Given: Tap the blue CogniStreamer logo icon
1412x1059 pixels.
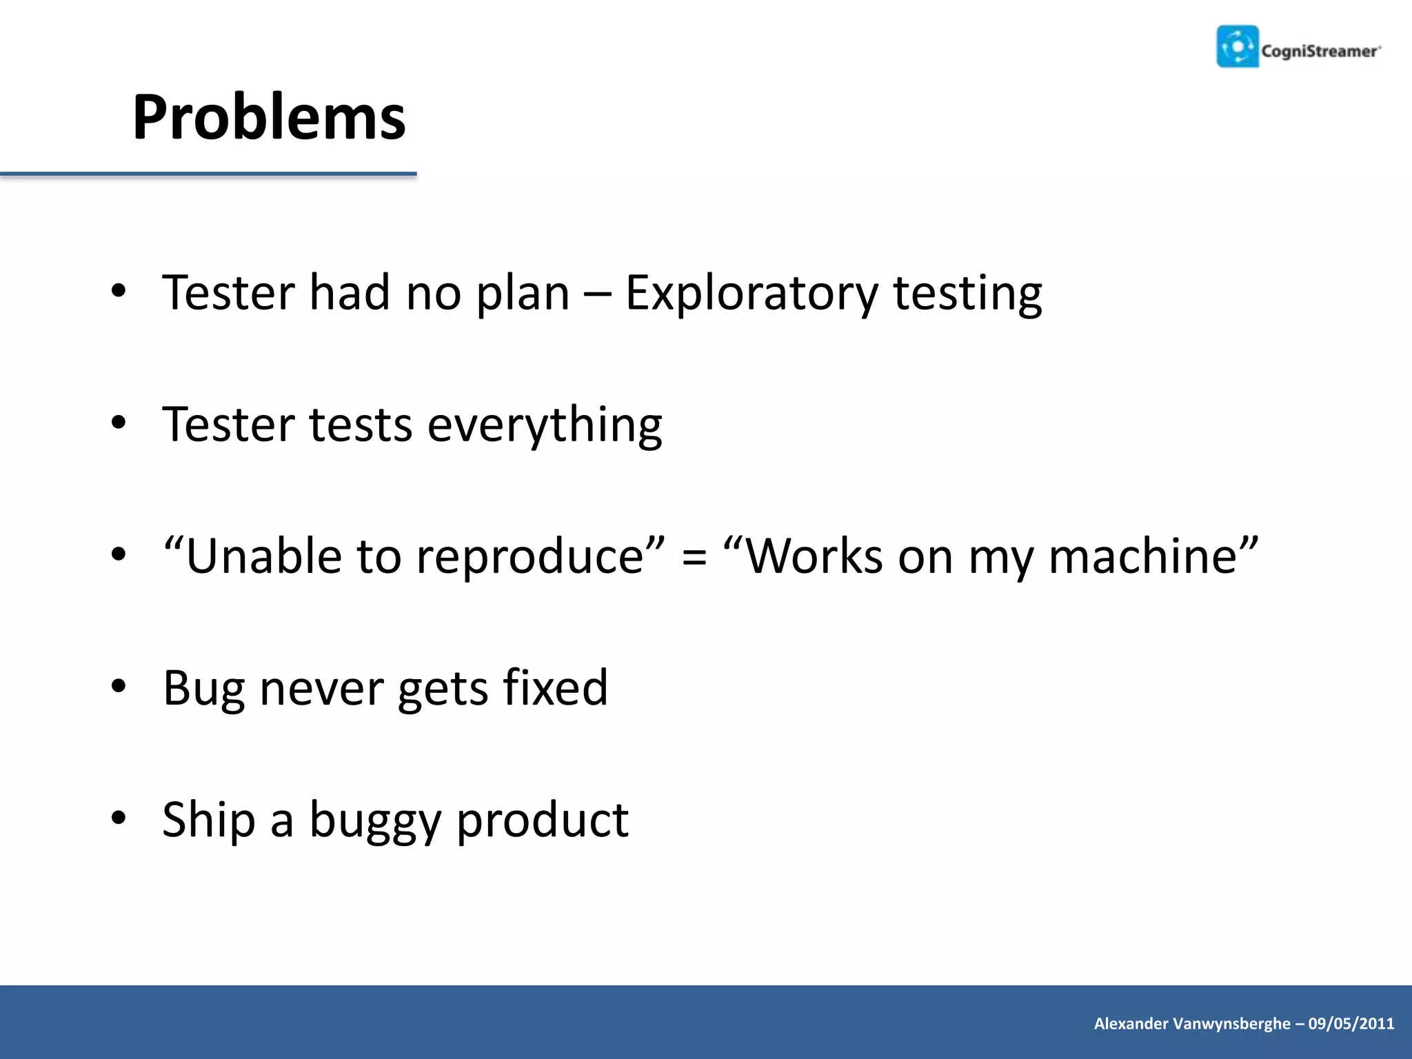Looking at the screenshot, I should coord(1238,47).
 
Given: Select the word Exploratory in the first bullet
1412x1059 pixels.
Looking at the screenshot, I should coord(752,294).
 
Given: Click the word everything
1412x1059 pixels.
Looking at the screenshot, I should coord(545,425).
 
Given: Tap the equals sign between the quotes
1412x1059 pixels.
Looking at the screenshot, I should coord(694,557).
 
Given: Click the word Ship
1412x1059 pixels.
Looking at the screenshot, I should coord(209,820).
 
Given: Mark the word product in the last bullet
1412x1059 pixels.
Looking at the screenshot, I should coord(543,820).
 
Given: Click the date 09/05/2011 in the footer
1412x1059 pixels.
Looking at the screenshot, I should coord(1351,1024).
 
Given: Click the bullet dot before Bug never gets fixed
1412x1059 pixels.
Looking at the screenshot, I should coord(119,687).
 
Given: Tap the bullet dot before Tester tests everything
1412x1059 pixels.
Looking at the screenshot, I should coord(119,423).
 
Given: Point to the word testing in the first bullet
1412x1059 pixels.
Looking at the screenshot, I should coord(968,294).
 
